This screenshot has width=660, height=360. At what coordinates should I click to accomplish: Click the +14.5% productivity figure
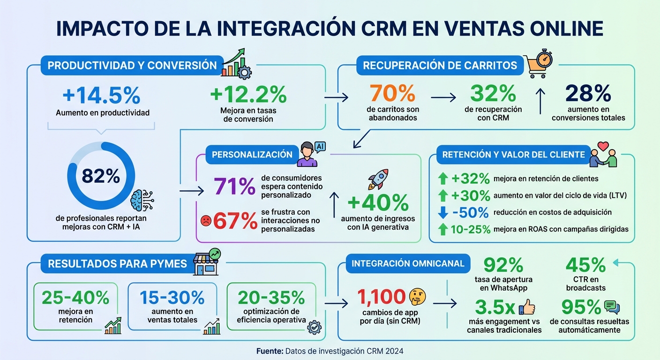101,96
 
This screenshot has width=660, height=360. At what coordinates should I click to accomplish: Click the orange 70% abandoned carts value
392,93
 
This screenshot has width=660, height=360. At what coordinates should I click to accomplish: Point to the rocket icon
378,180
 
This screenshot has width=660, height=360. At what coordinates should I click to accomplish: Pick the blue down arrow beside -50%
442,212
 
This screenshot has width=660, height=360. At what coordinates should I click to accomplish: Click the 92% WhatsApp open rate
503,265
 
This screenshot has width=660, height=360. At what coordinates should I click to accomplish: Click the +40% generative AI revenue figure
378,203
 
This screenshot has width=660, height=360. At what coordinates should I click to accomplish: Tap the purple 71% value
234,187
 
